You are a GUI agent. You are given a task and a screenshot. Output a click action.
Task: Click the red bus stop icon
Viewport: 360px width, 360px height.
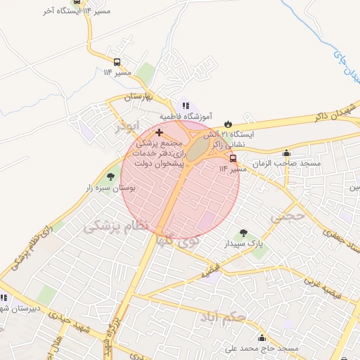233,158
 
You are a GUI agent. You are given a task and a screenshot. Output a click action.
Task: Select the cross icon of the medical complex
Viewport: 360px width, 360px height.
159,132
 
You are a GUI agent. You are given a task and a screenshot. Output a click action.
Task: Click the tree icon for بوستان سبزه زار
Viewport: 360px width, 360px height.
110,177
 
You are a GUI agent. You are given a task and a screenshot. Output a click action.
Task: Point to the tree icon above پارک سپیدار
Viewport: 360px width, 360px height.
243,233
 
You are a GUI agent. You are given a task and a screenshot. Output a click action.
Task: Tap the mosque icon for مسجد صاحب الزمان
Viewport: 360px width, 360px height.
286,153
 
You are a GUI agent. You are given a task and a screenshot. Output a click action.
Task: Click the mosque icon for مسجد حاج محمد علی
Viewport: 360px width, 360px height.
262,338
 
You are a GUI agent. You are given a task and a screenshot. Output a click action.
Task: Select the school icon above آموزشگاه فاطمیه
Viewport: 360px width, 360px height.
185,105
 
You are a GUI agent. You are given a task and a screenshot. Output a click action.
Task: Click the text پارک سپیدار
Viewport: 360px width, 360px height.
243,244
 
